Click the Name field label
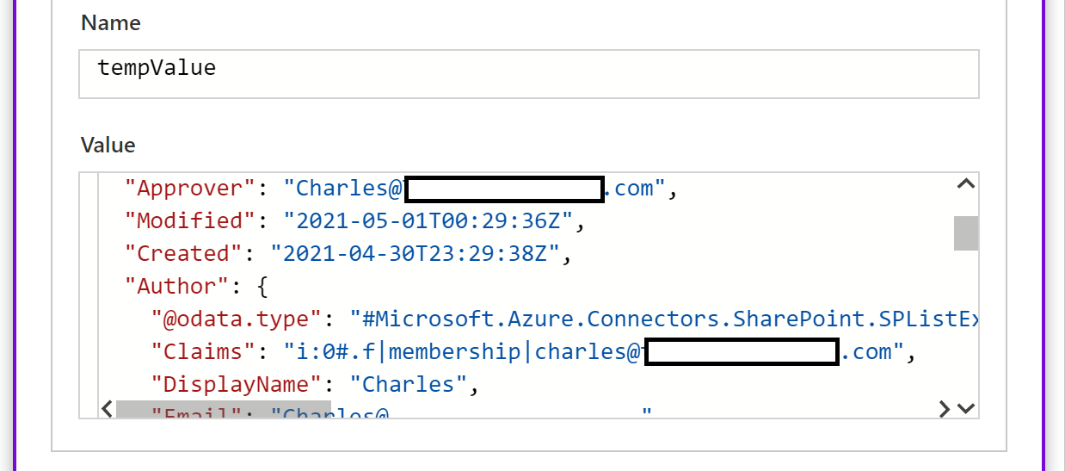(x=110, y=23)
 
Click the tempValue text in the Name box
(x=157, y=68)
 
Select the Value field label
(x=108, y=145)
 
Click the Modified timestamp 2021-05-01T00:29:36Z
(x=428, y=220)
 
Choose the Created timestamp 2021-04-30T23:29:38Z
(x=416, y=253)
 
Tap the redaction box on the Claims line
(x=742, y=352)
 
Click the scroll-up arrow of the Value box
(x=965, y=183)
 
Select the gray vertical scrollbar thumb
(x=966, y=232)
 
